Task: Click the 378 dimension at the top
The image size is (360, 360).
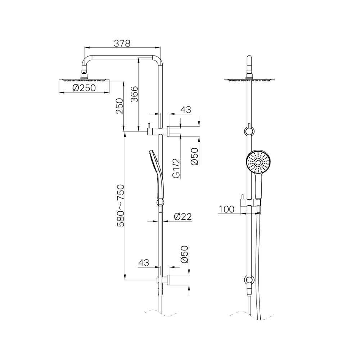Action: (x=122, y=43)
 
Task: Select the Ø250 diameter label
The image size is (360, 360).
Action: (x=84, y=88)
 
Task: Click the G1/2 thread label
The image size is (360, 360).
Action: (x=176, y=169)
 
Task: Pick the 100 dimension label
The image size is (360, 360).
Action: (x=226, y=209)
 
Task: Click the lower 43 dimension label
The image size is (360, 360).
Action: (x=144, y=263)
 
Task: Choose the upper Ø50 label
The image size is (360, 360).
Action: (x=194, y=157)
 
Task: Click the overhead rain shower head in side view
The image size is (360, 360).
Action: (x=84, y=78)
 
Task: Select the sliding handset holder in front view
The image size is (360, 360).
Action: (x=249, y=202)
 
